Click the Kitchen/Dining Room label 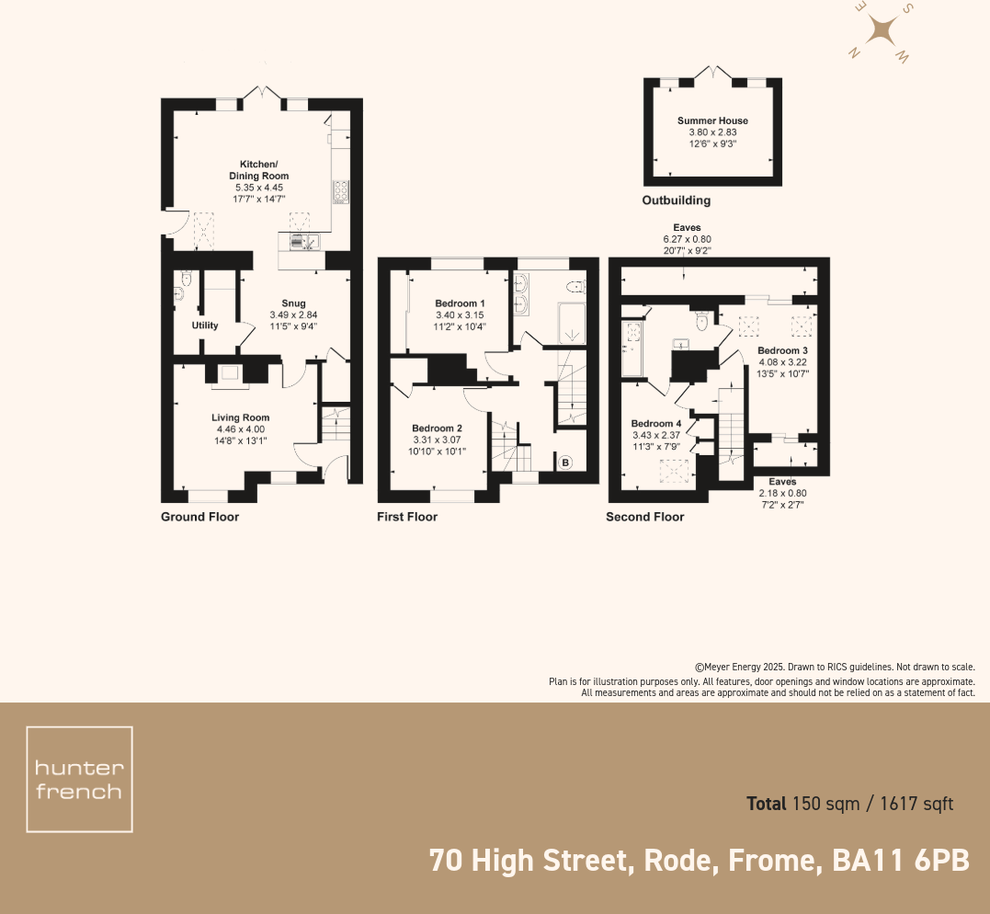click(258, 170)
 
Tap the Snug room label click(293, 303)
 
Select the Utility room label click(204, 326)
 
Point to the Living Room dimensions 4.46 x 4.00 click(240, 428)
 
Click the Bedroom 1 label click(460, 303)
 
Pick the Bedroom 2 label click(437, 428)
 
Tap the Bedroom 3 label click(782, 350)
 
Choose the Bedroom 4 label click(655, 424)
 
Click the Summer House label click(712, 120)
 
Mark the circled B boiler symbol click(566, 463)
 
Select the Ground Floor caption click(199, 517)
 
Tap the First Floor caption click(407, 517)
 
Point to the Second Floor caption click(644, 517)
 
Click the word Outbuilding click(676, 200)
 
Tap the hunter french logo click(79, 780)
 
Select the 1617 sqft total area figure click(916, 804)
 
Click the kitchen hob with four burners click(340, 190)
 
